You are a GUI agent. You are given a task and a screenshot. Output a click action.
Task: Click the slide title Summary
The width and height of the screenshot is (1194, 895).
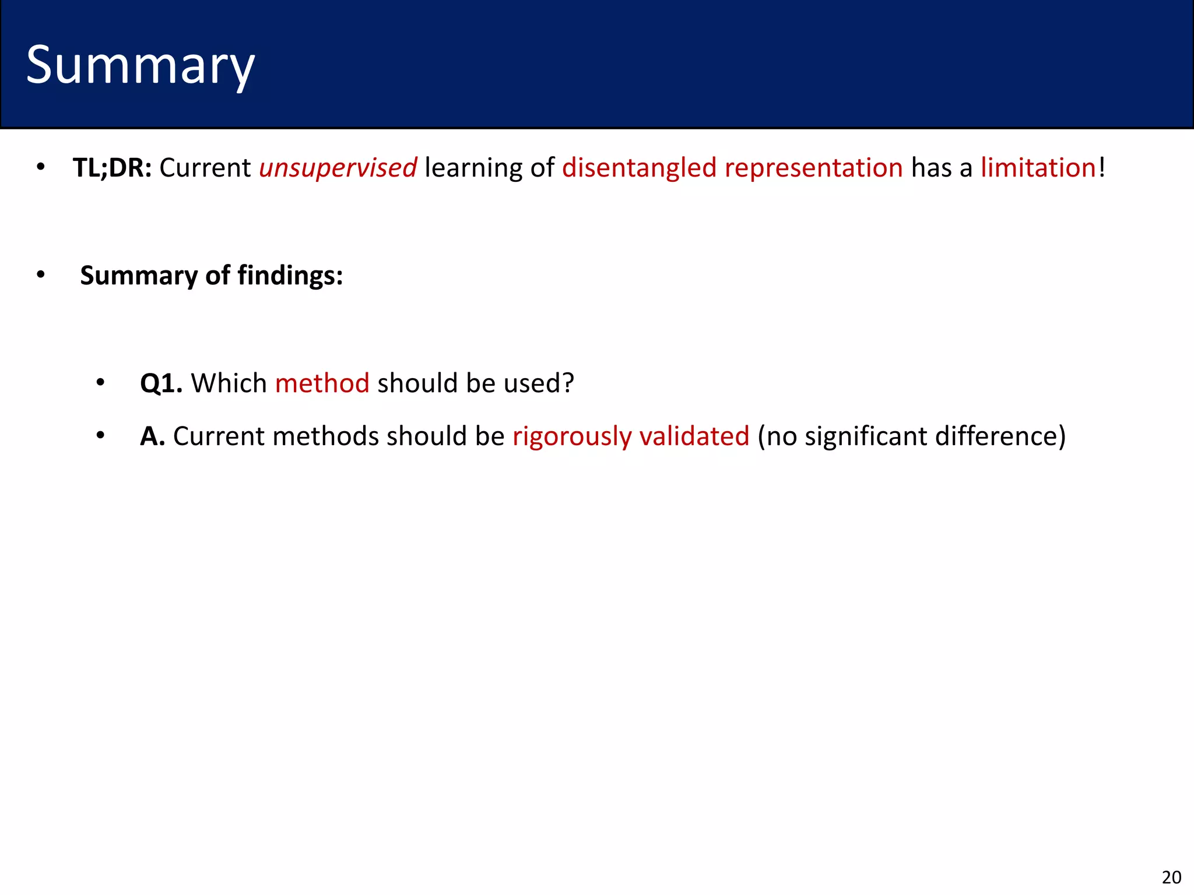tap(140, 66)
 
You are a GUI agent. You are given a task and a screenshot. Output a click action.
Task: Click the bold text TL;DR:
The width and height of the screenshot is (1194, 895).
tap(112, 168)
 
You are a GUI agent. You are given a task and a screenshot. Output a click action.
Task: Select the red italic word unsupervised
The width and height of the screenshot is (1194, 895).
tap(338, 168)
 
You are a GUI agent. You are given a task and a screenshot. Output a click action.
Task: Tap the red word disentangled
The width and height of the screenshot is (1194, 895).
tap(639, 168)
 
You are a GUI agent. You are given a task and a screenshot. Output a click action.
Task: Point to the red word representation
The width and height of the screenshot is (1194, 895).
tap(813, 168)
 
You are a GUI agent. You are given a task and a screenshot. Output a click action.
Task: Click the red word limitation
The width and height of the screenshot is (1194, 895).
tap(1038, 168)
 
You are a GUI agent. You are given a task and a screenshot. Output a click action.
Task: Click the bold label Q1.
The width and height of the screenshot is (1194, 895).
tap(161, 383)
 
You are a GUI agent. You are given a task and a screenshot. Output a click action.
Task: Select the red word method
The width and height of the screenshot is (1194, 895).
tap(322, 383)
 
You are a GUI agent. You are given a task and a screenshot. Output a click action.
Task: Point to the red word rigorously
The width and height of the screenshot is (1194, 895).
tap(572, 436)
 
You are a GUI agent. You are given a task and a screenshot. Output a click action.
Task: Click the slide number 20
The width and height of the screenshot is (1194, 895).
tap(1171, 877)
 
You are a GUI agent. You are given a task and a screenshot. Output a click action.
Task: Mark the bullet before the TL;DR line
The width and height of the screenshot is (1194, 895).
tap(40, 168)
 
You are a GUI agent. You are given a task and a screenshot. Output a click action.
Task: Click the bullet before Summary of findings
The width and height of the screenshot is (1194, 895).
tap(40, 275)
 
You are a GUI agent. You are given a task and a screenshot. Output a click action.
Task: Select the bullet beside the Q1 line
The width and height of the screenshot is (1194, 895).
tap(100, 383)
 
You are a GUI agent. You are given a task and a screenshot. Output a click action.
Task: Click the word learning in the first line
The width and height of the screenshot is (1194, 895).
tap(473, 168)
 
